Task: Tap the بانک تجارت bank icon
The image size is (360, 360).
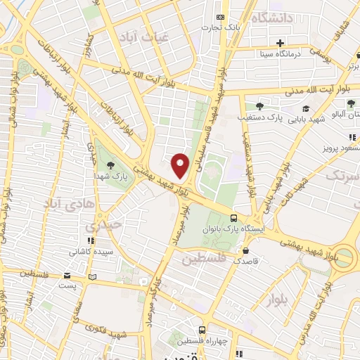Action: click(221, 17)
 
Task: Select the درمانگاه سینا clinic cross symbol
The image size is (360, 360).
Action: click(281, 42)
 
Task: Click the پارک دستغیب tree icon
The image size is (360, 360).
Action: click(259, 105)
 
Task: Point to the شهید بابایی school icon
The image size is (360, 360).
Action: click(307, 108)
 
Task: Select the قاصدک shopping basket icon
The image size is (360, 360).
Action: click(245, 250)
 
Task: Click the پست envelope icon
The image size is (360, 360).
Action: click(67, 276)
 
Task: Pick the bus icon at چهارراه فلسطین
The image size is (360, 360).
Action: click(202, 329)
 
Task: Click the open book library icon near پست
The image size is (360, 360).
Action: click(92, 276)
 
